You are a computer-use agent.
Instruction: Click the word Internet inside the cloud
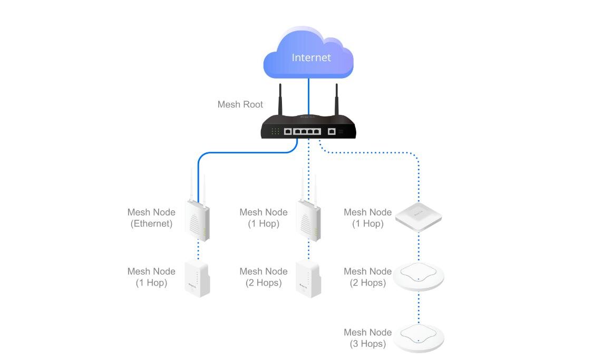click(311, 57)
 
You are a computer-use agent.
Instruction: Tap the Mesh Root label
click(240, 104)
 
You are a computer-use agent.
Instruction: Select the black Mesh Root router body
click(308, 130)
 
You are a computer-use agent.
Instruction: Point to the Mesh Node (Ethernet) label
click(151, 218)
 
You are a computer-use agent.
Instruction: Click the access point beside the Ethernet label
click(198, 218)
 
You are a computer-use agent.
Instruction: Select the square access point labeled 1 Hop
click(418, 216)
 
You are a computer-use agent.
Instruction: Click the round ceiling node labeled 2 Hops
click(418, 276)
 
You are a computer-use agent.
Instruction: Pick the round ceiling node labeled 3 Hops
click(418, 337)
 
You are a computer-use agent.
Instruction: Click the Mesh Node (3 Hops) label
click(367, 338)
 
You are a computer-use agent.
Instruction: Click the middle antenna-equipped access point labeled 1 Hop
click(308, 219)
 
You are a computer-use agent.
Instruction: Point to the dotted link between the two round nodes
click(419, 307)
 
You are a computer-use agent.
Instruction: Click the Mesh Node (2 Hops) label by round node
click(367, 277)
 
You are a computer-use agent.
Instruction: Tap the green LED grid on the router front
click(275, 131)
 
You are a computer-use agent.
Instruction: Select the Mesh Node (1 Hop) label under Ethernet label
click(151, 277)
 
